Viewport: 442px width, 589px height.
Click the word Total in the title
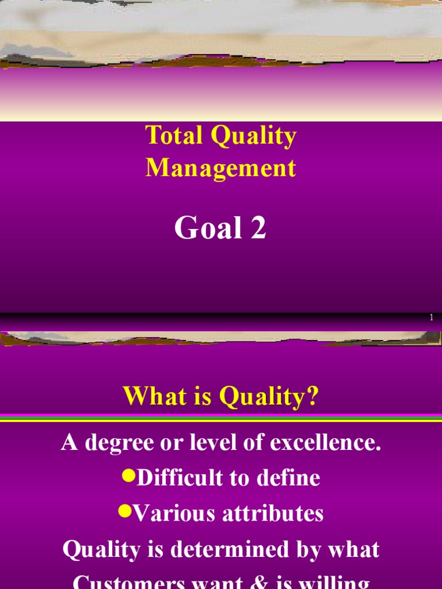click(174, 136)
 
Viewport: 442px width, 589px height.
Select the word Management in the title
click(221, 168)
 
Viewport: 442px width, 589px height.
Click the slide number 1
click(431, 318)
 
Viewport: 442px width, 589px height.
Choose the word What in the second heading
click(151, 396)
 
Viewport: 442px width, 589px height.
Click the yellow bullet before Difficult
click(127, 476)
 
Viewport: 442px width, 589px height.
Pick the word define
click(291, 479)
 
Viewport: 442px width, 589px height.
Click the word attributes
click(275, 514)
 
